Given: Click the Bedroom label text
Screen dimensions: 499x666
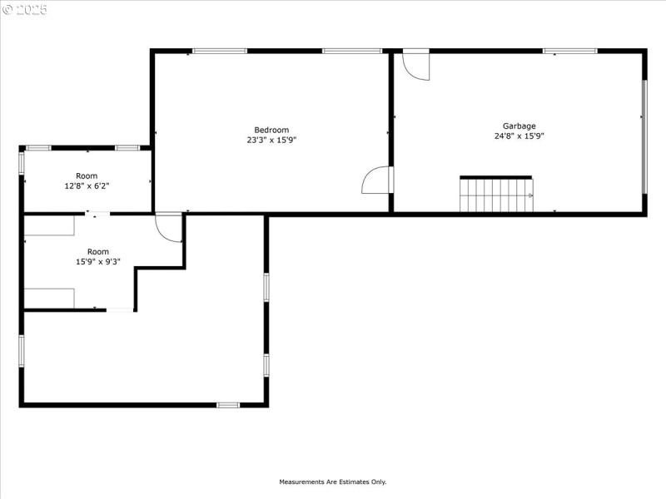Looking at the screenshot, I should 271,130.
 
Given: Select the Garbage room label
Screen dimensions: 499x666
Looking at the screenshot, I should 519,126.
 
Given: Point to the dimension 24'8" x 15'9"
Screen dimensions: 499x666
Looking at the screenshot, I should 519,136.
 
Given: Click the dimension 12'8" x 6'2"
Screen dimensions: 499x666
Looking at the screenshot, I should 87,186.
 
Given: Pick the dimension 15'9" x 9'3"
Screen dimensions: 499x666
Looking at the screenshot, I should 98,262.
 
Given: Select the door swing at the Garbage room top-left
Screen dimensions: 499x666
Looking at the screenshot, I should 415,67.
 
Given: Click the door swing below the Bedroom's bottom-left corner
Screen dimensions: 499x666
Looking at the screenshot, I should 168,227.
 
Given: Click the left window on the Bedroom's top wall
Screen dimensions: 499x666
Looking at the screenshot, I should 219,52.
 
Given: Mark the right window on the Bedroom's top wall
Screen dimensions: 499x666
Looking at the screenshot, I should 346,52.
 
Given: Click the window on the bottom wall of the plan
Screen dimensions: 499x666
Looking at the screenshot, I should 228,405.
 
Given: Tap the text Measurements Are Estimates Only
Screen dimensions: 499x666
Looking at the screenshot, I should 332,482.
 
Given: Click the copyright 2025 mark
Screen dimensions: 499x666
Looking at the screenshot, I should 24,10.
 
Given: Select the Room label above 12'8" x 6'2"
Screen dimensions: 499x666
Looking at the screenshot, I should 87,176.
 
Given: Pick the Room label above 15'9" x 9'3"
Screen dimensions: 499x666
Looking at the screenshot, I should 98,252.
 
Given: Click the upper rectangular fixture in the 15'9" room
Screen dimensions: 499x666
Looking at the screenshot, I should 49,225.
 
